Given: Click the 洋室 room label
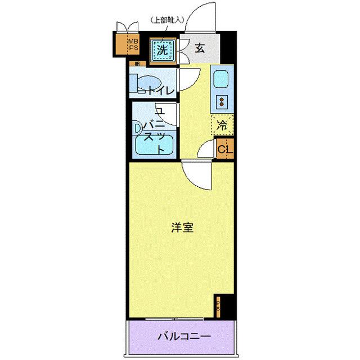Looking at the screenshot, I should [x=183, y=228].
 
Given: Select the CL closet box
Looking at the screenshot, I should [x=224, y=149].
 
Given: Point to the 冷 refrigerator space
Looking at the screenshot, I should [x=222, y=125].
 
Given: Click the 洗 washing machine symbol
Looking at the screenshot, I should [x=162, y=49].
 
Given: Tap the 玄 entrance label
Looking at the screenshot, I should [x=199, y=48].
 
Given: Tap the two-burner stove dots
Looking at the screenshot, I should [x=222, y=102].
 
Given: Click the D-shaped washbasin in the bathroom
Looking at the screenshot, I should [x=137, y=128].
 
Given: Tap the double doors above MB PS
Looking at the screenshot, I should [x=127, y=27].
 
